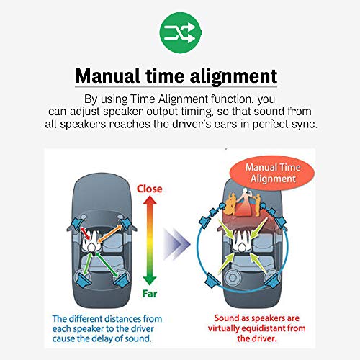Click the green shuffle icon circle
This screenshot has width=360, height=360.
coord(181,32)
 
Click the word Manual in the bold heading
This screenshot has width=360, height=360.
coord(107,76)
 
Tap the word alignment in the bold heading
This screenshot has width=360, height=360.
coord(233,77)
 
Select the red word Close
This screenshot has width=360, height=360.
coord(149,189)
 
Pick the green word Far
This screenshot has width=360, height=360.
coord(150,294)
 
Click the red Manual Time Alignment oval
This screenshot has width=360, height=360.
coord(272,173)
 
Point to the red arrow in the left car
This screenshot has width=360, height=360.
coord(86,233)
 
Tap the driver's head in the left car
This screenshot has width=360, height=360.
coord(91,247)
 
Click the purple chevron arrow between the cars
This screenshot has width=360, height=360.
coord(176,244)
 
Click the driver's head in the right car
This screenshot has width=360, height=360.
coord(242,247)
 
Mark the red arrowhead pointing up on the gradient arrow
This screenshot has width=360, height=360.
coord(150,200)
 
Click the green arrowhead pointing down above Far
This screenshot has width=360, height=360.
coord(150,281)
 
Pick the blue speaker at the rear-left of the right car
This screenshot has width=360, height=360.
coord(212,281)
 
